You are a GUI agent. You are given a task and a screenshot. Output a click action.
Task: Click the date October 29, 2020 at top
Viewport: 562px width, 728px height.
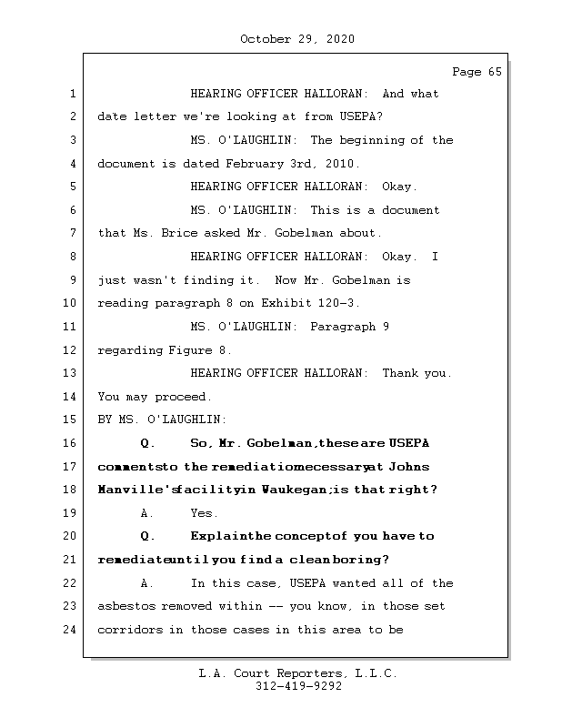pyautogui.click(x=297, y=39)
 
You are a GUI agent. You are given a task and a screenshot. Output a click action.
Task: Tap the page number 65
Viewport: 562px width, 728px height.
pyautogui.click(x=494, y=72)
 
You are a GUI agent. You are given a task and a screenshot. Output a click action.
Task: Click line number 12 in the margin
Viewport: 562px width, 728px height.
pyautogui.click(x=72, y=349)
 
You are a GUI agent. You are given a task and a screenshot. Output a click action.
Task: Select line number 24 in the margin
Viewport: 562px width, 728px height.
pyautogui.click(x=72, y=629)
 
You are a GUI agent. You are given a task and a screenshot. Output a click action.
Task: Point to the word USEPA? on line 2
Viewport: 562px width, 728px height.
pyautogui.click(x=360, y=116)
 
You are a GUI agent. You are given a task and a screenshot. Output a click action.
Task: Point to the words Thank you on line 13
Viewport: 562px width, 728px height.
pyautogui.click(x=416, y=373)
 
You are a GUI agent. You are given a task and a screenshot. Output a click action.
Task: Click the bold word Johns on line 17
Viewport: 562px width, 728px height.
pyautogui.click(x=410, y=467)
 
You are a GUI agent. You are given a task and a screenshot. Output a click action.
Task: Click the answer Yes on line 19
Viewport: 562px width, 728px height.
pyautogui.click(x=204, y=513)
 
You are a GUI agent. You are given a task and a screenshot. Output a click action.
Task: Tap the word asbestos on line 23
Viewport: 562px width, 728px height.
pyautogui.click(x=125, y=606)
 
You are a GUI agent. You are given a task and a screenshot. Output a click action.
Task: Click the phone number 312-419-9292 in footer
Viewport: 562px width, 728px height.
pyautogui.click(x=298, y=687)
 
